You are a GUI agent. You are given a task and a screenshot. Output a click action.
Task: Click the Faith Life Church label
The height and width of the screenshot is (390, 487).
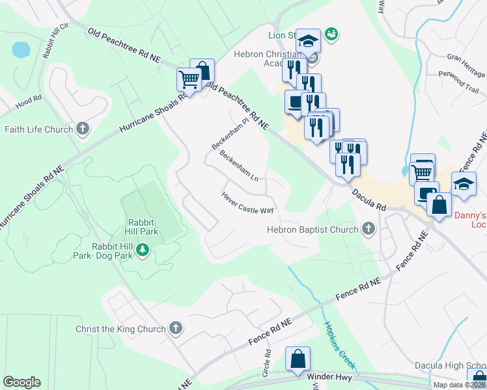(x=38, y=129)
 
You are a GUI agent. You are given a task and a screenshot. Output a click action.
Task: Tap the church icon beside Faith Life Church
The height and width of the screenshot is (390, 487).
(x=82, y=129)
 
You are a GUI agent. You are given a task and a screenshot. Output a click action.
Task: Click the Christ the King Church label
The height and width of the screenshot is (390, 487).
(x=120, y=329)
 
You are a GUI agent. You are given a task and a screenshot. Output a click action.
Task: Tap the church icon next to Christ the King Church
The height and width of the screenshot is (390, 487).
(x=175, y=329)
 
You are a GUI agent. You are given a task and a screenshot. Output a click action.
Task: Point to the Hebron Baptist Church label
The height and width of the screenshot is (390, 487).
(x=313, y=229)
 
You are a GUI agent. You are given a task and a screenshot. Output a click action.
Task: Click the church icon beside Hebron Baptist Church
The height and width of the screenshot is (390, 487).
(x=369, y=229)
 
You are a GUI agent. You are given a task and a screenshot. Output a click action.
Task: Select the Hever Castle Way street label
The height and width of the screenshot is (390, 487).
(x=247, y=202)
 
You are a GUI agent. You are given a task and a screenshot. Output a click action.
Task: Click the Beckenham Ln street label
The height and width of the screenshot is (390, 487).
(x=239, y=166)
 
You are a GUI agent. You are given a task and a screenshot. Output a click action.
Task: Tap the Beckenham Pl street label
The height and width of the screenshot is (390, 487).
(x=230, y=134)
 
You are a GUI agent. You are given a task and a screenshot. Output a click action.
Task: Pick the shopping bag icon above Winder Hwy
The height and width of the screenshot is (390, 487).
(x=298, y=359)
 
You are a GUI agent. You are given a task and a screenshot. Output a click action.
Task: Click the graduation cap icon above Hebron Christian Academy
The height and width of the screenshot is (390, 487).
(x=308, y=41)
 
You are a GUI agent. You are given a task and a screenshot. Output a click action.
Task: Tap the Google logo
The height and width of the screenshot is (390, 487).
(x=21, y=382)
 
